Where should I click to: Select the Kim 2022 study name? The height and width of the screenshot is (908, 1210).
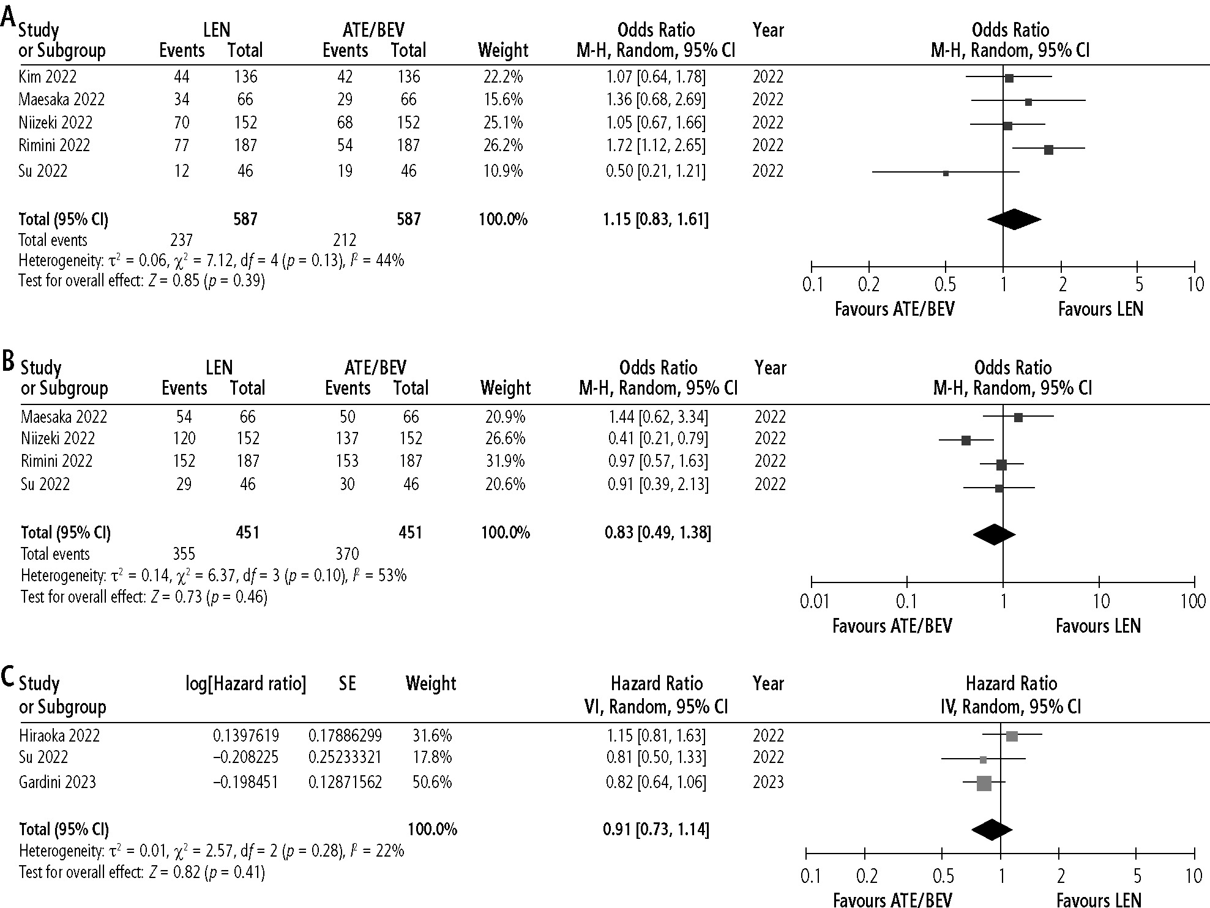click(48, 77)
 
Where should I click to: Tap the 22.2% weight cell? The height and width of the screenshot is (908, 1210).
click(502, 77)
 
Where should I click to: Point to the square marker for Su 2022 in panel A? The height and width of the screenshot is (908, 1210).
click(946, 173)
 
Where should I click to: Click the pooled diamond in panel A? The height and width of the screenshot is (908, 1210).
click(1014, 220)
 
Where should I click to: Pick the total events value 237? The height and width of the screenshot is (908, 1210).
click(181, 240)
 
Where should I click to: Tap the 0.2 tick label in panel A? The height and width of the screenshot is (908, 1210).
click(869, 285)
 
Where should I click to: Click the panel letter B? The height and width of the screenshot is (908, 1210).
click(9, 362)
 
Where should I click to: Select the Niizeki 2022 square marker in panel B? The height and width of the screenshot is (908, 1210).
click(966, 441)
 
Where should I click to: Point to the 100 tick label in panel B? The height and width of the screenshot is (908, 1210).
click(1193, 601)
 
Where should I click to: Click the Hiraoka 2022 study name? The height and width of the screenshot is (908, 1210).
click(59, 735)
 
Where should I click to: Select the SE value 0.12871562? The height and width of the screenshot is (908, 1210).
click(345, 782)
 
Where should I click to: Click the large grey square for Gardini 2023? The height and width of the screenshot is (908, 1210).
click(984, 783)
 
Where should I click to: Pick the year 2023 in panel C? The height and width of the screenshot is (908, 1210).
click(768, 782)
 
